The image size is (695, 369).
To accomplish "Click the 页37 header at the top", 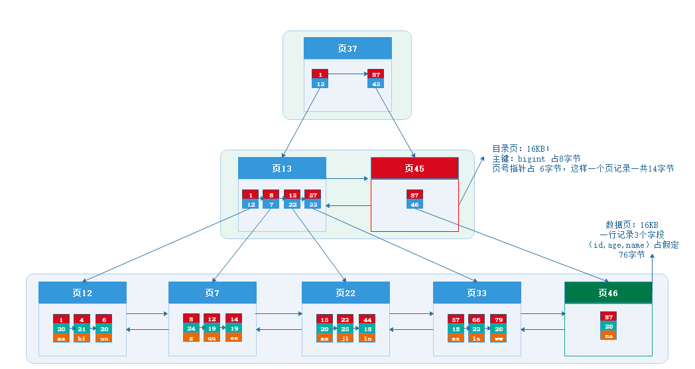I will tap(347, 48).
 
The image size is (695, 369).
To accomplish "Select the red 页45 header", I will tap(414, 168).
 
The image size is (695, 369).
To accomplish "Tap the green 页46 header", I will tap(607, 292).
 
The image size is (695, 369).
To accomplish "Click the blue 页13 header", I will tap(282, 168).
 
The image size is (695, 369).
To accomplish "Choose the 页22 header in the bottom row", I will tap(346, 292).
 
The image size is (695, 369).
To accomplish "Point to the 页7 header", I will tap(212, 292).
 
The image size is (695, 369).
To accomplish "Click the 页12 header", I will tap(82, 292).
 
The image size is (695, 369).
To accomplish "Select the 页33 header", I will tap(477, 292).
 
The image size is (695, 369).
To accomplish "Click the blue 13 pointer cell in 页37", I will tap(320, 84).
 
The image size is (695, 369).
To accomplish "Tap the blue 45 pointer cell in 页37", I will tap(376, 84).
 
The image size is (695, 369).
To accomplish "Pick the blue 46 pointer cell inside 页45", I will tap(414, 205).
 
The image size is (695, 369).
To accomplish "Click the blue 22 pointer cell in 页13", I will tap(292, 205).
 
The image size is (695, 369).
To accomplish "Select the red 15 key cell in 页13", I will tap(292, 195).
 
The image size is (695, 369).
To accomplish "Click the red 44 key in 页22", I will tap(367, 319).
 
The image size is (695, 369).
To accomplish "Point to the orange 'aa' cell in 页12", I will tap(61, 338).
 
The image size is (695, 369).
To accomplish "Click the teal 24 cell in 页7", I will tap(191, 329).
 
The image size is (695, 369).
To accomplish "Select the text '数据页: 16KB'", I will tap(631, 225).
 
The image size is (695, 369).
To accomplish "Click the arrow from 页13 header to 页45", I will tap(348, 178).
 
